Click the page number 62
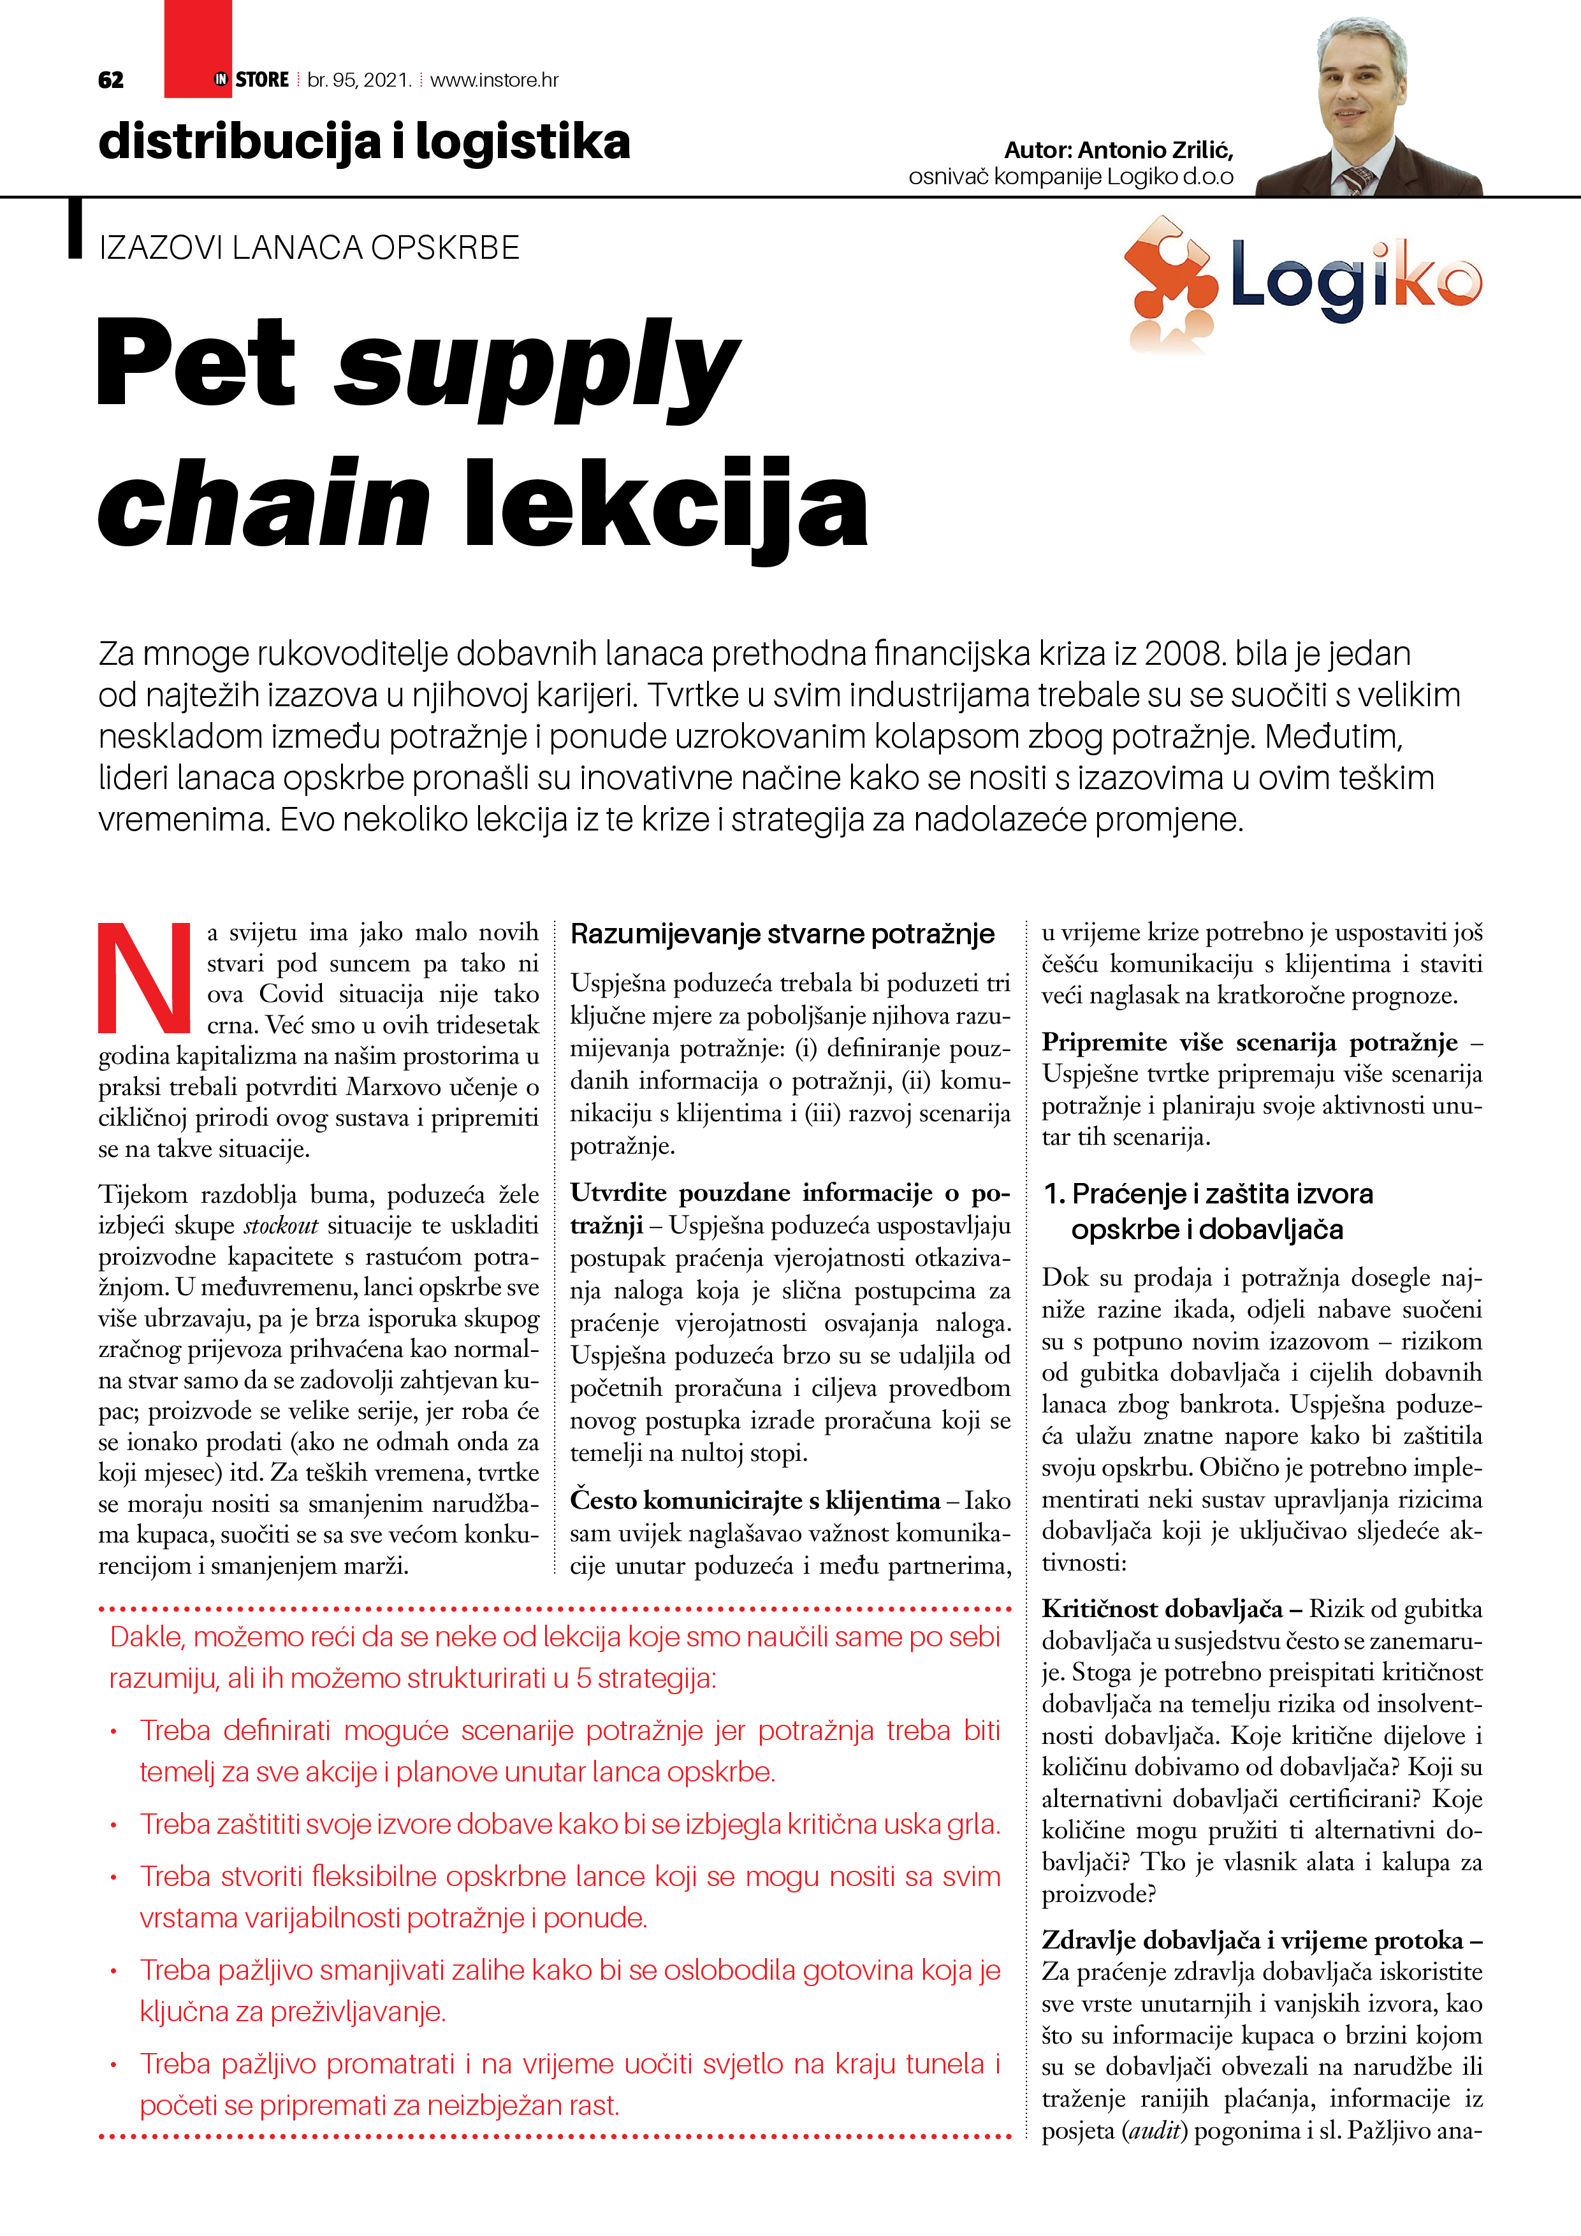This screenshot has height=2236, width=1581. (111, 80)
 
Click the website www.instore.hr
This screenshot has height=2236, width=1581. (494, 80)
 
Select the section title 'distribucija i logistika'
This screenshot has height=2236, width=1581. (364, 142)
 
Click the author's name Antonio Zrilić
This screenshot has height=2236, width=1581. (1155, 150)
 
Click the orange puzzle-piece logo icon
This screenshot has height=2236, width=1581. (1169, 282)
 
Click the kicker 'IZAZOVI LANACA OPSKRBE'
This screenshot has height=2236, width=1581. (309, 249)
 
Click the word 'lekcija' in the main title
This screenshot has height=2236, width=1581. (666, 505)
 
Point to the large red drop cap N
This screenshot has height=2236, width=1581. (144, 976)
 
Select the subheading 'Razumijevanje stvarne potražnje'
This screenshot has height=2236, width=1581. (782, 934)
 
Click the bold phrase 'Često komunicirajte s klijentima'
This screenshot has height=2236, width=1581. (755, 1500)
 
